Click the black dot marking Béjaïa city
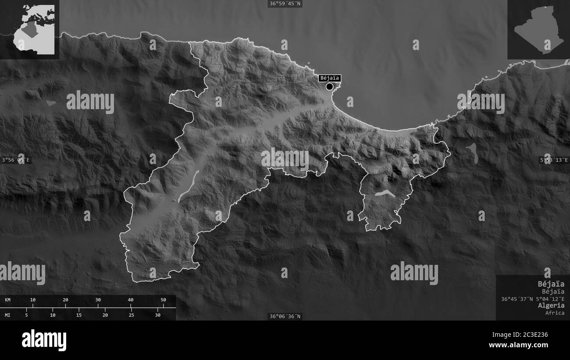point(329,86)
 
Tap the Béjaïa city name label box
point(330,78)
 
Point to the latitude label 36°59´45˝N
point(285,4)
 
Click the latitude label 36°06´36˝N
point(285,316)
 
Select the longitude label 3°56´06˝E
point(16,160)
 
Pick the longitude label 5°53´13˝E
point(554,160)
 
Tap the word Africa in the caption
point(555,313)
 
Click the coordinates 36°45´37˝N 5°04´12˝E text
point(533,299)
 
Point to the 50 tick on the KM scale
point(163,300)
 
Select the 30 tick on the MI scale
point(158,315)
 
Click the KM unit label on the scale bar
point(8,300)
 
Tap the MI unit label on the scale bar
point(8,315)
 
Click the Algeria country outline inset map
point(538,29)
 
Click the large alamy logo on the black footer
point(44,340)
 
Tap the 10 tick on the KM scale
point(32,300)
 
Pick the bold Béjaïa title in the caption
point(551,284)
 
